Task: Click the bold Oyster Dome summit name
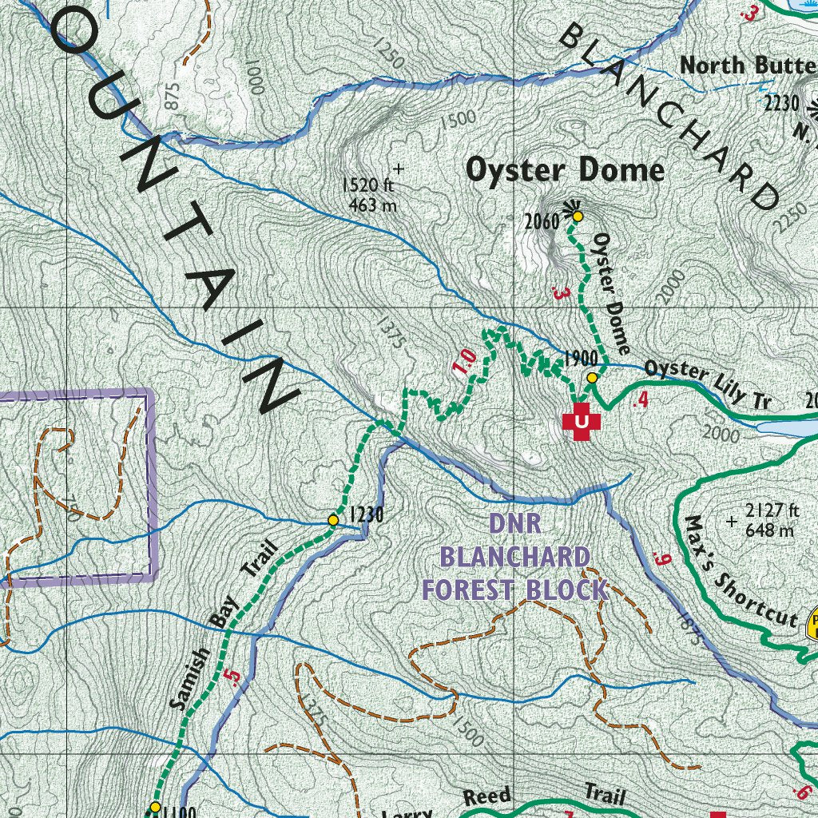[x=565, y=170]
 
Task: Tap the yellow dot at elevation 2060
[x=577, y=216]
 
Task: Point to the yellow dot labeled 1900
[x=592, y=377]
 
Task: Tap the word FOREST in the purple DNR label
[x=471, y=590]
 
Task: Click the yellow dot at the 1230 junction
[x=333, y=520]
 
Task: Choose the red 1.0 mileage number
[x=465, y=361]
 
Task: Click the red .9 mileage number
[x=660, y=559]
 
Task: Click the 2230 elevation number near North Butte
[x=780, y=102]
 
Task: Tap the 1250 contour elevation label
[x=388, y=55]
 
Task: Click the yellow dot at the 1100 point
[x=155, y=807]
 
